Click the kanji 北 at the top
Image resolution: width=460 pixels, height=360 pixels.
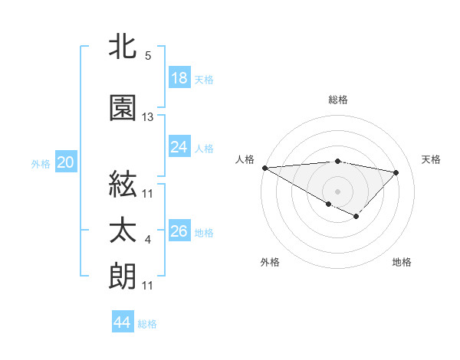(123, 47)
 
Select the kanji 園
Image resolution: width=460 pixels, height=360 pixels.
(123, 108)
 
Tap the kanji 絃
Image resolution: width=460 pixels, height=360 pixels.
(123, 184)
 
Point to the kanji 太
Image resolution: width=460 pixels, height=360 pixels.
(123, 231)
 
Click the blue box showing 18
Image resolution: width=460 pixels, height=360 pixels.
(179, 78)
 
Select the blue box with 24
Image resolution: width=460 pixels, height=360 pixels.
(179, 147)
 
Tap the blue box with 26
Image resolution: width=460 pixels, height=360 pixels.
(179, 231)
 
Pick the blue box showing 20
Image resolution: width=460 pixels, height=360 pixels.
(65, 162)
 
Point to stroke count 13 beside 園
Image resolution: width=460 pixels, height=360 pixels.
(148, 117)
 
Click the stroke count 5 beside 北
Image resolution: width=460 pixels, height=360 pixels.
(148, 55)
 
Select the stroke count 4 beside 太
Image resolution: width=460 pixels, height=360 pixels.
(148, 241)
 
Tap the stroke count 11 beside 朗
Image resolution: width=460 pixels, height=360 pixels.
(148, 286)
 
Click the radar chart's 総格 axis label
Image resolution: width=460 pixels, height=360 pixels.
(337, 100)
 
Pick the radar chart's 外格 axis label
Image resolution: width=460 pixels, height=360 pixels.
(270, 262)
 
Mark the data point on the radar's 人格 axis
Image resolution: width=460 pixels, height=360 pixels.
(264, 168)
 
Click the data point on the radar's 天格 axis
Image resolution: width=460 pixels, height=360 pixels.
(396, 172)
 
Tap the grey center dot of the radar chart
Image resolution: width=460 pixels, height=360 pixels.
(337, 191)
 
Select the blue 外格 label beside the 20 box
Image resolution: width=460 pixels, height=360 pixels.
(41, 163)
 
